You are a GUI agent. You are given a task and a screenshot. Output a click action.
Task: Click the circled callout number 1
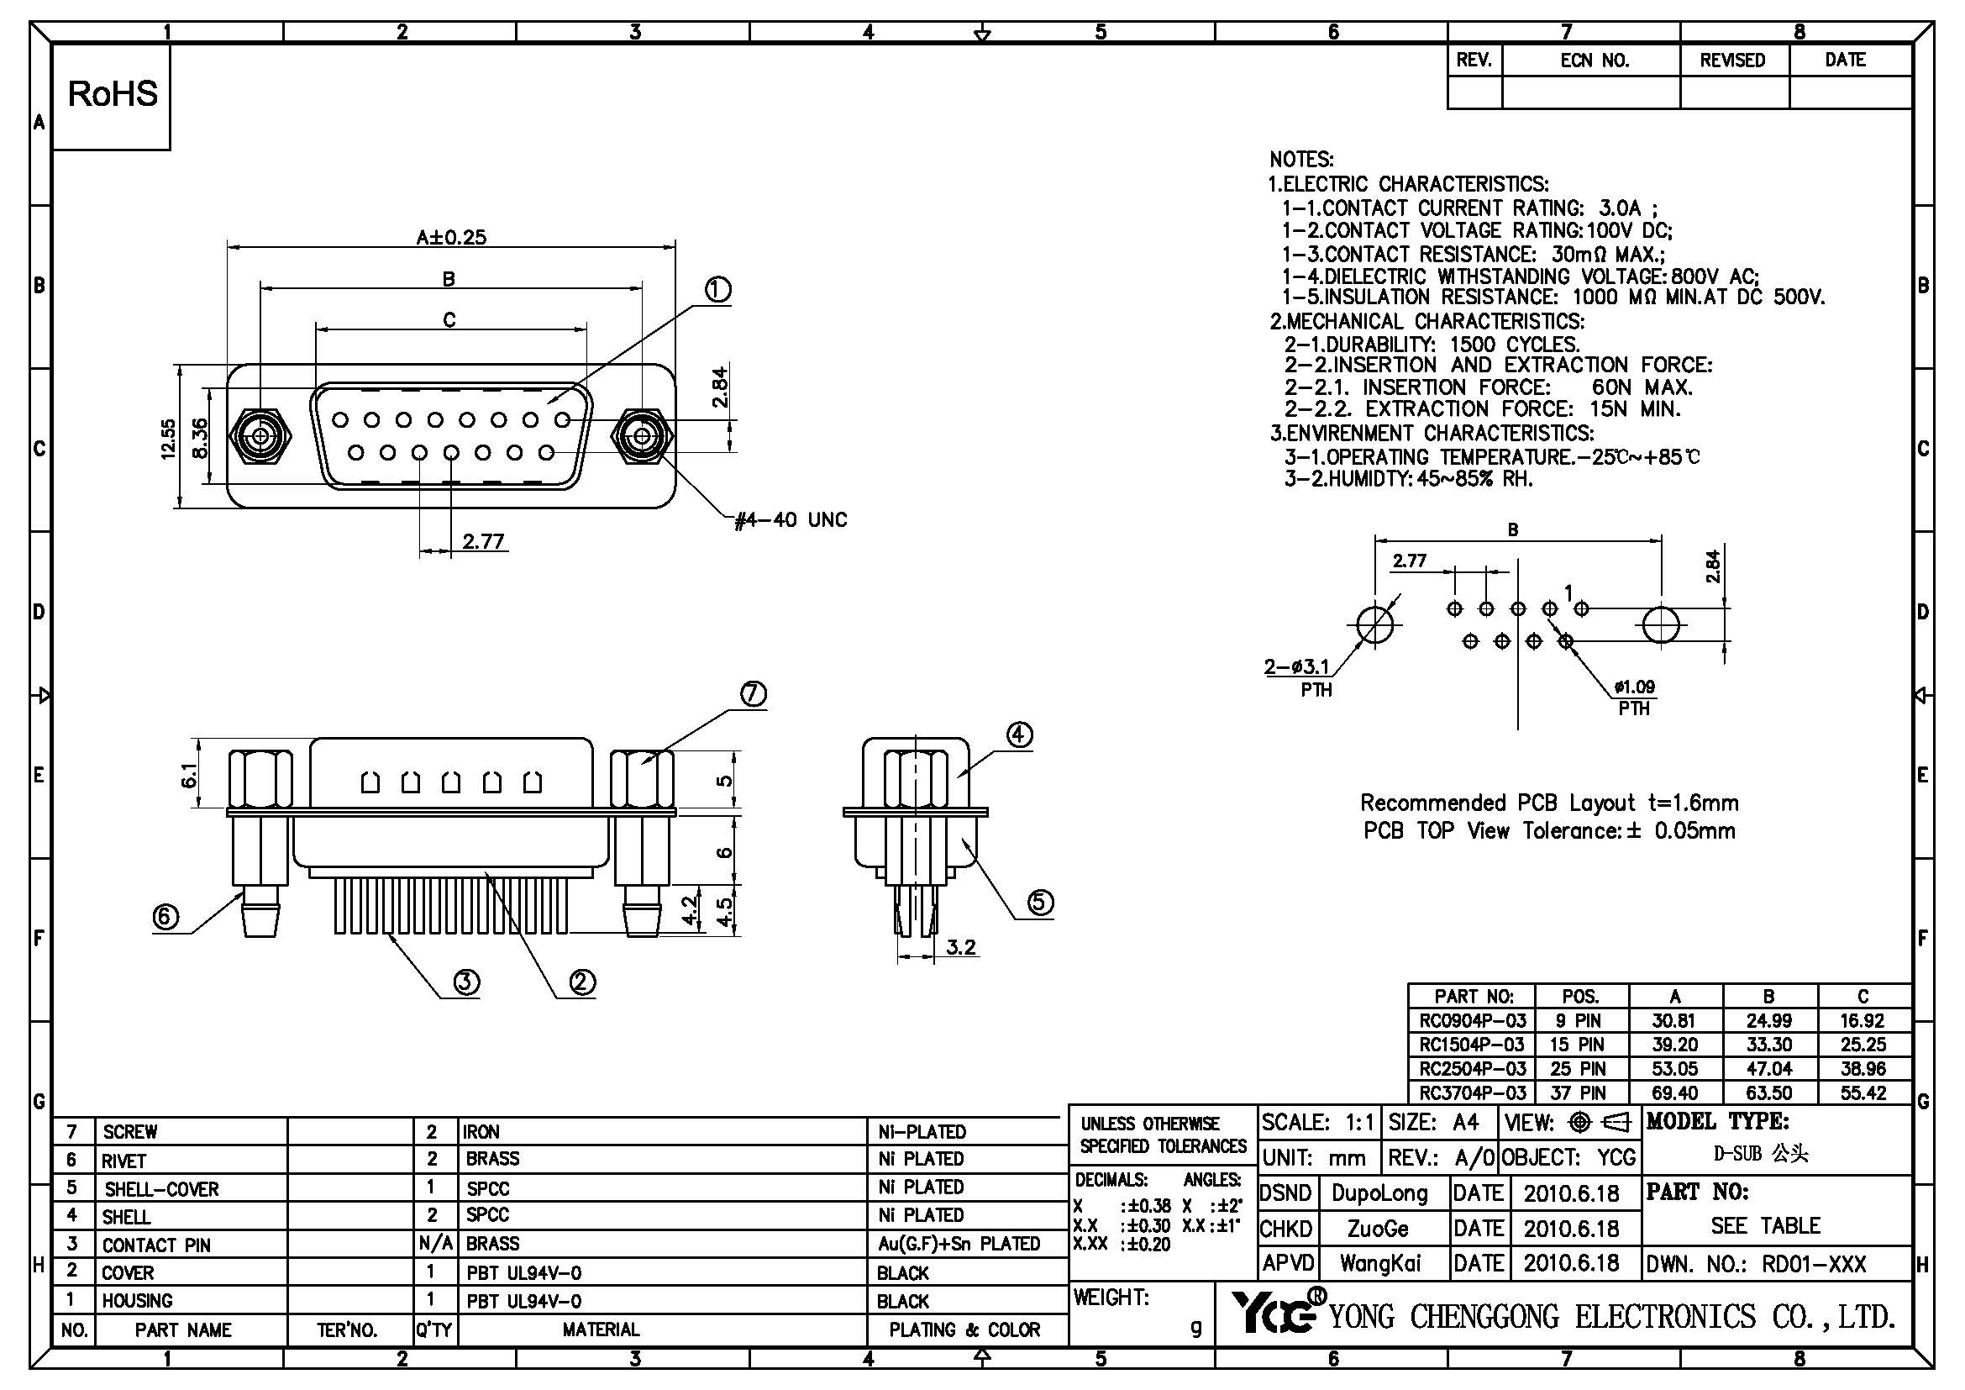coord(717,291)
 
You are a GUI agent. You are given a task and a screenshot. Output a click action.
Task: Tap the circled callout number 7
coord(752,693)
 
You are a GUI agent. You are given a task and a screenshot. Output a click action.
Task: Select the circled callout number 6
coord(166,918)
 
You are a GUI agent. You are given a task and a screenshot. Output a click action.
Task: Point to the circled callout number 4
coord(1018,735)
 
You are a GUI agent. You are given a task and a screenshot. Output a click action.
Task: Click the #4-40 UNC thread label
coord(791,520)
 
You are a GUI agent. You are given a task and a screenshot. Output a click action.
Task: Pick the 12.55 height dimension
coord(169,438)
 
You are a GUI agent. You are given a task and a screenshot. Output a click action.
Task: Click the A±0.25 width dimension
coord(451,237)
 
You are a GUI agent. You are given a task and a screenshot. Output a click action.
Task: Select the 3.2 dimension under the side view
coord(961,947)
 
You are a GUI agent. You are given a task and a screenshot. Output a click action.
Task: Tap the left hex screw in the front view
coord(261,438)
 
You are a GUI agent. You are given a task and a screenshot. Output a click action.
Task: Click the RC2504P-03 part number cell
coord(1472,1069)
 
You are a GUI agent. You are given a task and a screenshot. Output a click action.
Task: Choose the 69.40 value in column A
coord(1675,1093)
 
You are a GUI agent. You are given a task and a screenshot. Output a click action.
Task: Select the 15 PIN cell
coord(1581,1045)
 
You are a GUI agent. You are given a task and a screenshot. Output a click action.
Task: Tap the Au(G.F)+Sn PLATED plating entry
coord(959,1244)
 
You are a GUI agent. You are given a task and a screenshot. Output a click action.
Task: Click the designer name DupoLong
coord(1379,1194)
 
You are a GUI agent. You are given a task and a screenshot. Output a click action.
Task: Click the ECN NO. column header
coord(1594,61)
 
